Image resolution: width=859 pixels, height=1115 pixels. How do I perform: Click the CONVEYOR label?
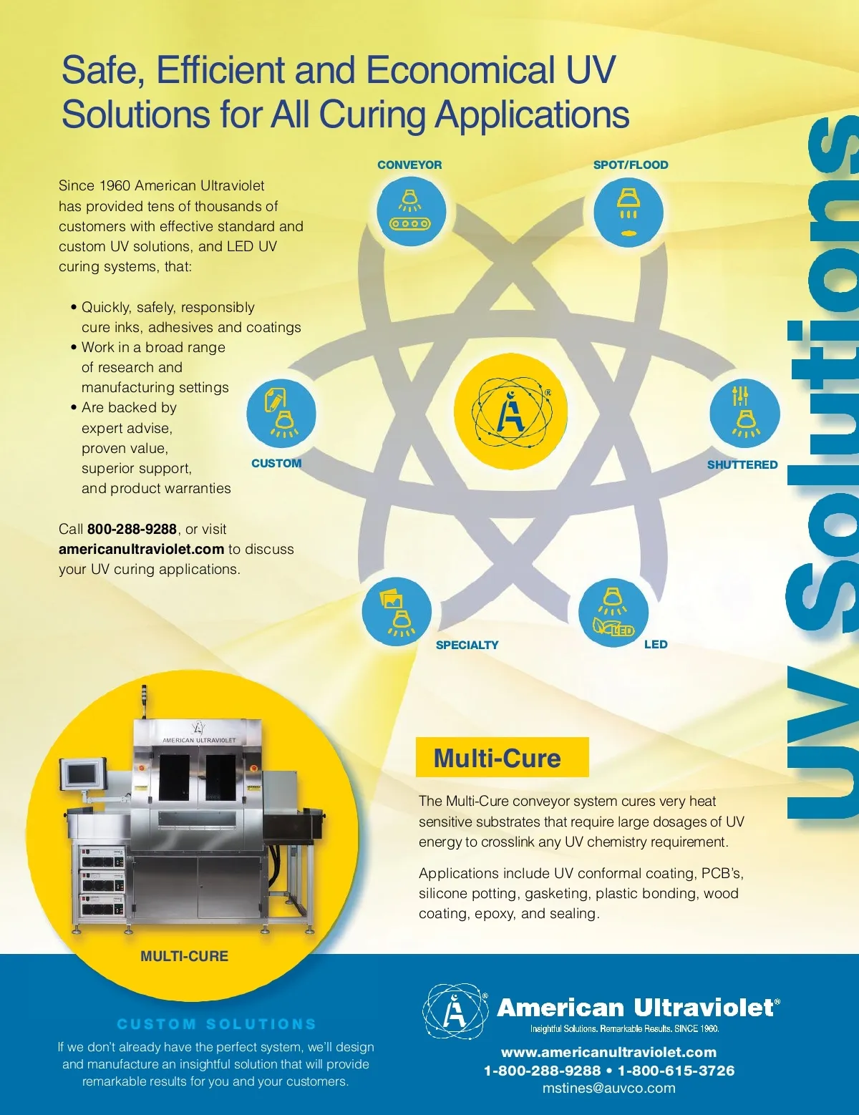[x=409, y=165]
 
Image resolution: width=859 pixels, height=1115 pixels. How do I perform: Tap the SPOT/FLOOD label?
[x=631, y=165]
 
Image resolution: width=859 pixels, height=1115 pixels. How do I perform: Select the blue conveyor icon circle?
[x=411, y=213]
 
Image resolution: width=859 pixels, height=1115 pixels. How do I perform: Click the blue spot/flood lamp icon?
[x=628, y=213]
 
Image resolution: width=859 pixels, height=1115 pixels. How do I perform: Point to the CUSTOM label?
[x=276, y=463]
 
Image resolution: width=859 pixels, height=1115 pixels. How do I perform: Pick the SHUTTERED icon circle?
[x=744, y=414]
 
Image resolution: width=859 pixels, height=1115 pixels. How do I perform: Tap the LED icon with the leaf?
[x=613, y=612]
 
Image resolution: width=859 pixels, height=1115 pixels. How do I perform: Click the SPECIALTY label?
[x=467, y=645]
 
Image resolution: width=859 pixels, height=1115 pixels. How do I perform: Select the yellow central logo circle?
[x=510, y=411]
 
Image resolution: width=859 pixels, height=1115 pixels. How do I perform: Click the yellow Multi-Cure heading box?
[x=502, y=757]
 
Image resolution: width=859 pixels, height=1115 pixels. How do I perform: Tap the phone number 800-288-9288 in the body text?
[x=132, y=529]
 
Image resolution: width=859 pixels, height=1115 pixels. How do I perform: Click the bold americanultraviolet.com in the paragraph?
[x=141, y=549]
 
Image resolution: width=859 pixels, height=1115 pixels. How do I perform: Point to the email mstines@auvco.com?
[x=608, y=1088]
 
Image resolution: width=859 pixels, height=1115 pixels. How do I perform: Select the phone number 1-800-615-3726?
[x=676, y=1071]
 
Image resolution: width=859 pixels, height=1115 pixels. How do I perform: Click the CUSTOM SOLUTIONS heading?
[x=217, y=1024]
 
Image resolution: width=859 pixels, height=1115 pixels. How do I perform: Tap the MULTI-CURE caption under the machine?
[x=184, y=956]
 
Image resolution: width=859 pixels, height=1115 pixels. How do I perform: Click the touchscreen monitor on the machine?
[x=83, y=775]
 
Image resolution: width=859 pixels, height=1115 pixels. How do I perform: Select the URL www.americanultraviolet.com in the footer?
[x=608, y=1052]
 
